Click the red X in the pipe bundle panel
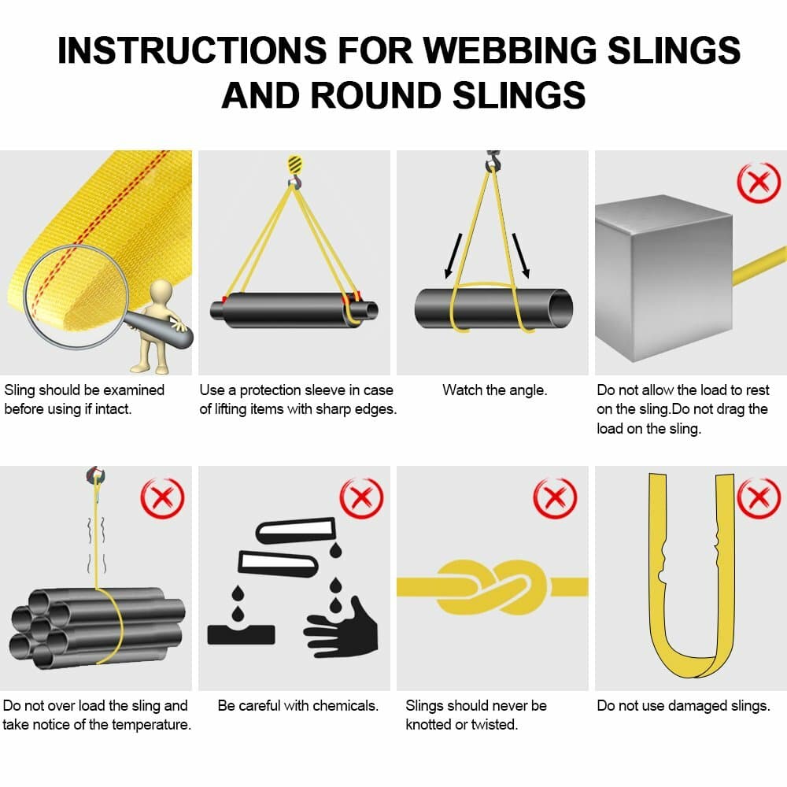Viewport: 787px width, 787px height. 161,498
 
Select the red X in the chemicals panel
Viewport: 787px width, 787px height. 360,498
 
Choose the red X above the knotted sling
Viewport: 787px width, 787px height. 555,498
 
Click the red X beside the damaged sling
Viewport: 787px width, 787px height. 757,498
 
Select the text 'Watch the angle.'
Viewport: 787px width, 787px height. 494,390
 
